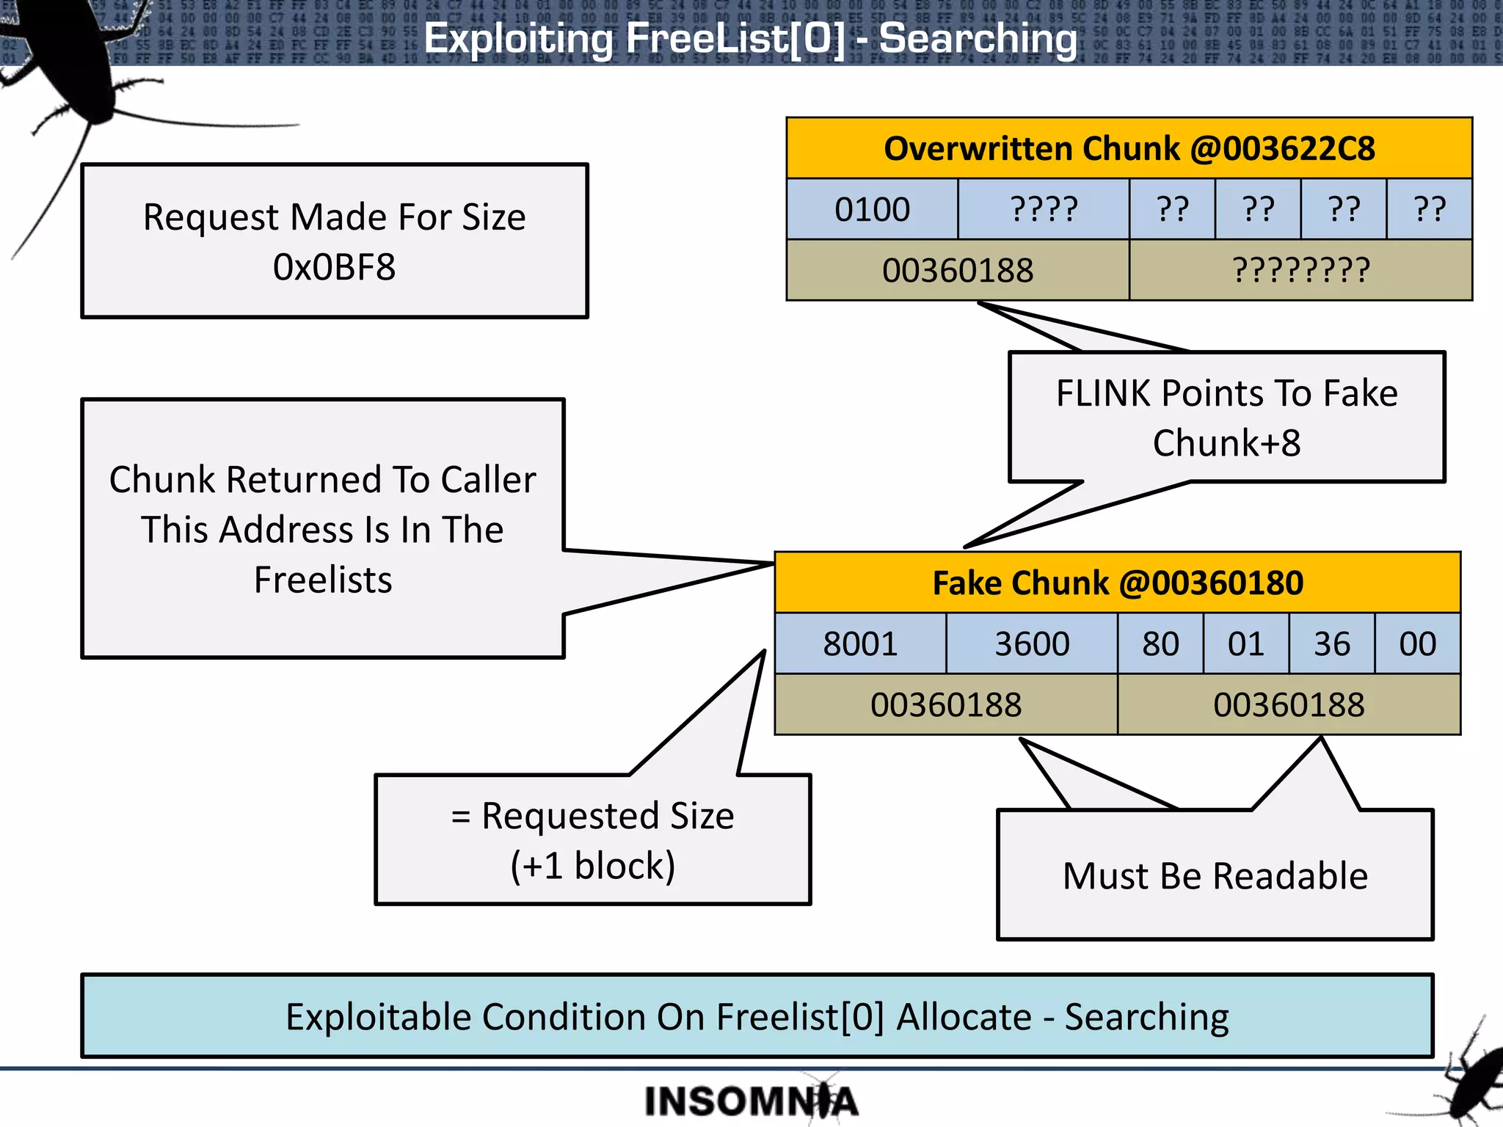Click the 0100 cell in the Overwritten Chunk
pos(872,209)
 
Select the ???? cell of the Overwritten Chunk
pos(1044,209)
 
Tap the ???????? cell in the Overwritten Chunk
pos(1300,270)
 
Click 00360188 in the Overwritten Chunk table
pos(958,270)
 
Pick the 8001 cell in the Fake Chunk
pos(860,643)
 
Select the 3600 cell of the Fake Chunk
pos(1032,643)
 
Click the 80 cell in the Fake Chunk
pos(1160,643)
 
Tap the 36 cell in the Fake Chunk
pos(1331,643)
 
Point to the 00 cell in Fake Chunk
pos(1417,643)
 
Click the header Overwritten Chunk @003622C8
pos(1129,148)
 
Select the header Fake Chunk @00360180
pos(1117,583)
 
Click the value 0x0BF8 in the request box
pos(334,267)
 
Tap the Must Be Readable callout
pos(1215,875)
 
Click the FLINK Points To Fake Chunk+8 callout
pos(1226,417)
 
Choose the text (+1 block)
pos(592,866)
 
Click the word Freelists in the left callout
pos(323,580)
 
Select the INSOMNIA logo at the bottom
pos(750,1101)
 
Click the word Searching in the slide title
pos(978,38)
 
